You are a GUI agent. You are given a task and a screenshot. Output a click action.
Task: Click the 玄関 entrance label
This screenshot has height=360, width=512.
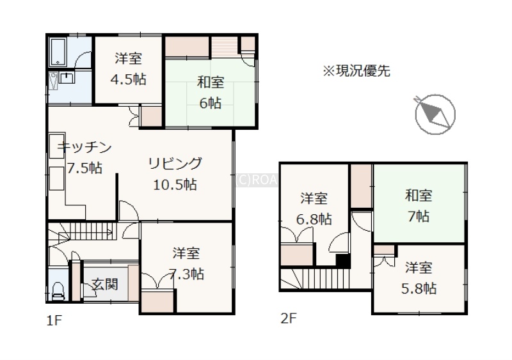pos(104,285)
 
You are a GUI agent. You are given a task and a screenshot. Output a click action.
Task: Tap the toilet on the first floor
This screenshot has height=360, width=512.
pos(58,291)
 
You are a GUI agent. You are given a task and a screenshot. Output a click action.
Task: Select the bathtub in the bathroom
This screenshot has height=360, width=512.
pos(58,52)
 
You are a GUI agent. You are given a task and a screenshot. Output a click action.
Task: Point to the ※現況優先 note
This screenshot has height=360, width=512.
pos(356,71)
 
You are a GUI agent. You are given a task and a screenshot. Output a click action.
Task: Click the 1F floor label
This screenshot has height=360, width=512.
pos(54,320)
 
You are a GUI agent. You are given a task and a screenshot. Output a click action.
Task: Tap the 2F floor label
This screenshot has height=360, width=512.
pos(289,318)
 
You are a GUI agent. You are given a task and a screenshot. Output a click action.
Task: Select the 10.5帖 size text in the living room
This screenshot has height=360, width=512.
pos(175,185)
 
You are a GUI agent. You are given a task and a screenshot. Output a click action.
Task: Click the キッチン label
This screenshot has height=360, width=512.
pos(84,148)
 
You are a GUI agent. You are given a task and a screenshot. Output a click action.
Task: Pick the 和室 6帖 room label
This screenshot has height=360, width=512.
pos(211,93)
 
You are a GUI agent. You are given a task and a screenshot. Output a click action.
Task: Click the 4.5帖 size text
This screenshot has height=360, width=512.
pos(129,79)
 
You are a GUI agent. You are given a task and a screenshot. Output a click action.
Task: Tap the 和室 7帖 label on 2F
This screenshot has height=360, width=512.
pos(419,206)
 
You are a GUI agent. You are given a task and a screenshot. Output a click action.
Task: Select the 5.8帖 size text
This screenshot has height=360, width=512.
pos(419,288)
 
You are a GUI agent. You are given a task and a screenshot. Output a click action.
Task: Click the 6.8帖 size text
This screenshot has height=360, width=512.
pos(314,219)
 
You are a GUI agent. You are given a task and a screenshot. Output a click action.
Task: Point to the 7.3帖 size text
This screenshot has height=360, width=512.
pos(186,274)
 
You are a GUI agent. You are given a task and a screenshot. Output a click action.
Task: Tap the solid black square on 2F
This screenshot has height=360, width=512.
pos(343,261)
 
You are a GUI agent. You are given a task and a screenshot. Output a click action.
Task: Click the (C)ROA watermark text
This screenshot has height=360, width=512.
pos(257,180)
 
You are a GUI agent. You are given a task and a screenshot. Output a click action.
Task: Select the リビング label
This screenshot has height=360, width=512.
pos(175,164)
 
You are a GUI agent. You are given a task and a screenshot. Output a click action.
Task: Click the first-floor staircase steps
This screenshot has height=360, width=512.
pos(92,230)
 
